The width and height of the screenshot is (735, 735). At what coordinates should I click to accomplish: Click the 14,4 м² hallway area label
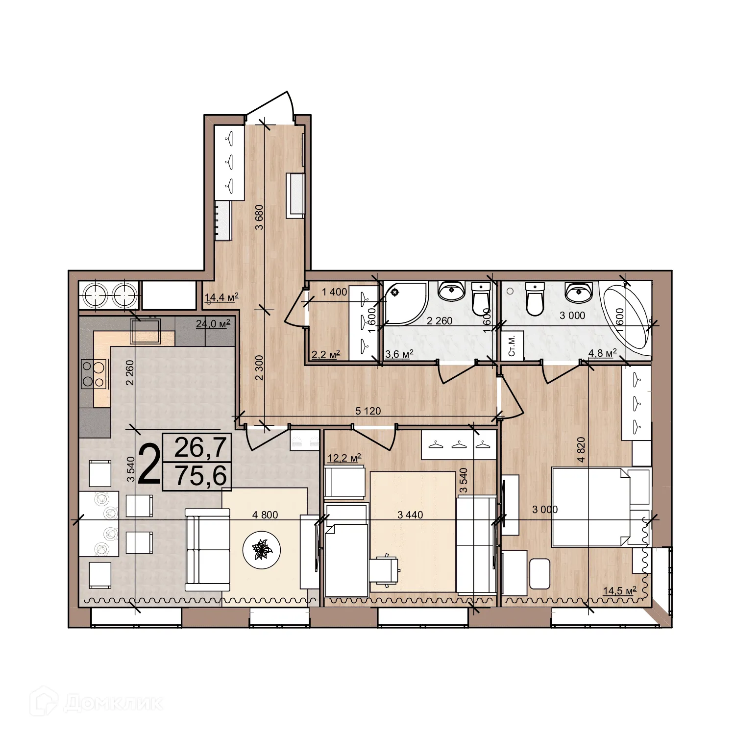coord(221,297)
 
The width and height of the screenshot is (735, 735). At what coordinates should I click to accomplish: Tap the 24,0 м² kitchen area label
coord(213,323)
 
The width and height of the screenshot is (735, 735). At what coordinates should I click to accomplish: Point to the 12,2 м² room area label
coord(344,458)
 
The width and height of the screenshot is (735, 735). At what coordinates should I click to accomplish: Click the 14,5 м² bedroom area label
coord(619,590)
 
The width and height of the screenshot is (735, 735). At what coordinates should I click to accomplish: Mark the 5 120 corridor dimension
coord(368,411)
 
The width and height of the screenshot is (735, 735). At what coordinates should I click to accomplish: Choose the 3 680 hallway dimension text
coord(260,217)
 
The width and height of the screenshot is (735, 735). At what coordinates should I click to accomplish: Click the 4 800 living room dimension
coord(265,514)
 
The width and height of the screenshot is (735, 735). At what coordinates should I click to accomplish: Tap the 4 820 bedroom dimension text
coord(581,449)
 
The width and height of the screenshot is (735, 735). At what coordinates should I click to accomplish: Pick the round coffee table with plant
coord(262,549)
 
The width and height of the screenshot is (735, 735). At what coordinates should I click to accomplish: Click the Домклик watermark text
coord(113,704)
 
